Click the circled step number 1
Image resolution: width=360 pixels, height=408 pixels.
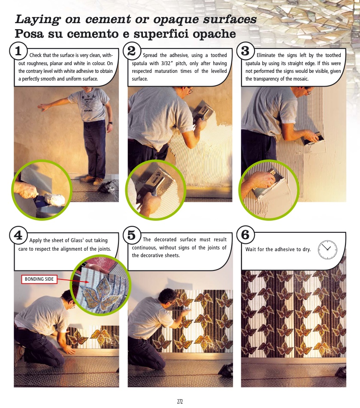18,51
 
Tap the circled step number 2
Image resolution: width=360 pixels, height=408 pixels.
132,51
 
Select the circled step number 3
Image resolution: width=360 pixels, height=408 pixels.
245,51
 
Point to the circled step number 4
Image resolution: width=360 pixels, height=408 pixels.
18,235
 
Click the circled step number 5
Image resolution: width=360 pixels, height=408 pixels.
132,235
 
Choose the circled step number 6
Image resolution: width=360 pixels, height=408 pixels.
245,235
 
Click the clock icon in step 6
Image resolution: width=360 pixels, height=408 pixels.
327,249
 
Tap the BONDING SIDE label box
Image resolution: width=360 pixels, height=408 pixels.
39,279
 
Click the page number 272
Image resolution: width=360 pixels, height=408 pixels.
180,402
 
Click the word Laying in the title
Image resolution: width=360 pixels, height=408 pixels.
37,20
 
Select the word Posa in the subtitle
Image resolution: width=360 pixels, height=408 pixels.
29,34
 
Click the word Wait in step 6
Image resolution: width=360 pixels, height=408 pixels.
250,249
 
